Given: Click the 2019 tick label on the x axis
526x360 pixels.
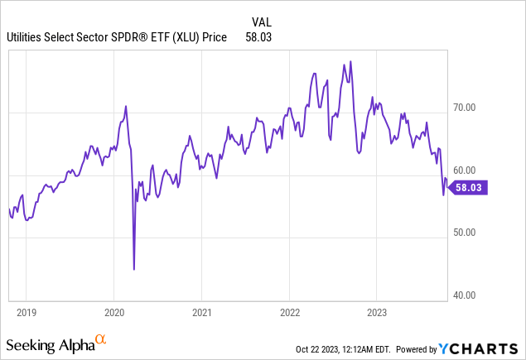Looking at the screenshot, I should [x=27, y=312].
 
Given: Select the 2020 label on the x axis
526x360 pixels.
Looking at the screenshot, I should [x=113, y=312].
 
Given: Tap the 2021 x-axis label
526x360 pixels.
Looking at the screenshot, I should [x=201, y=312].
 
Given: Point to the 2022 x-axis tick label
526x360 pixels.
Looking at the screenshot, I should [x=288, y=312].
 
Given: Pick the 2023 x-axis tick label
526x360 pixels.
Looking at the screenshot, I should [x=376, y=312].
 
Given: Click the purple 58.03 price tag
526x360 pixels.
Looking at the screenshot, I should [x=471, y=187].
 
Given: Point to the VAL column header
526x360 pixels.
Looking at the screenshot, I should [x=262, y=21].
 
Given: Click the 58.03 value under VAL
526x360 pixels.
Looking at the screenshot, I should [x=258, y=37].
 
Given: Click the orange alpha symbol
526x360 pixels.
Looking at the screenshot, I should [x=100, y=339].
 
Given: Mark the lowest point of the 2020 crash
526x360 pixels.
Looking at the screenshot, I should [x=134, y=269].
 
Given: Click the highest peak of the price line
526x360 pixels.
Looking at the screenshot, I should [x=351, y=61].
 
